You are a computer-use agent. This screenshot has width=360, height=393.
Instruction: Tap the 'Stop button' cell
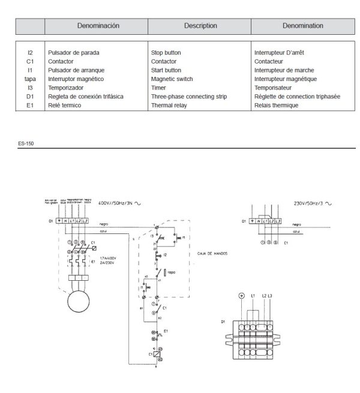coord(166,53)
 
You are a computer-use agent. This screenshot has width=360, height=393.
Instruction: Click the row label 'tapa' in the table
coord(30,79)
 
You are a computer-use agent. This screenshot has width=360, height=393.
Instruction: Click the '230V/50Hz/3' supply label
coord(309,204)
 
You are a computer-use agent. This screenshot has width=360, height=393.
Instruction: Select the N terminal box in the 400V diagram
coord(65,221)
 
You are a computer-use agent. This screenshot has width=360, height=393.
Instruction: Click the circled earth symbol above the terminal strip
coord(241,296)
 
